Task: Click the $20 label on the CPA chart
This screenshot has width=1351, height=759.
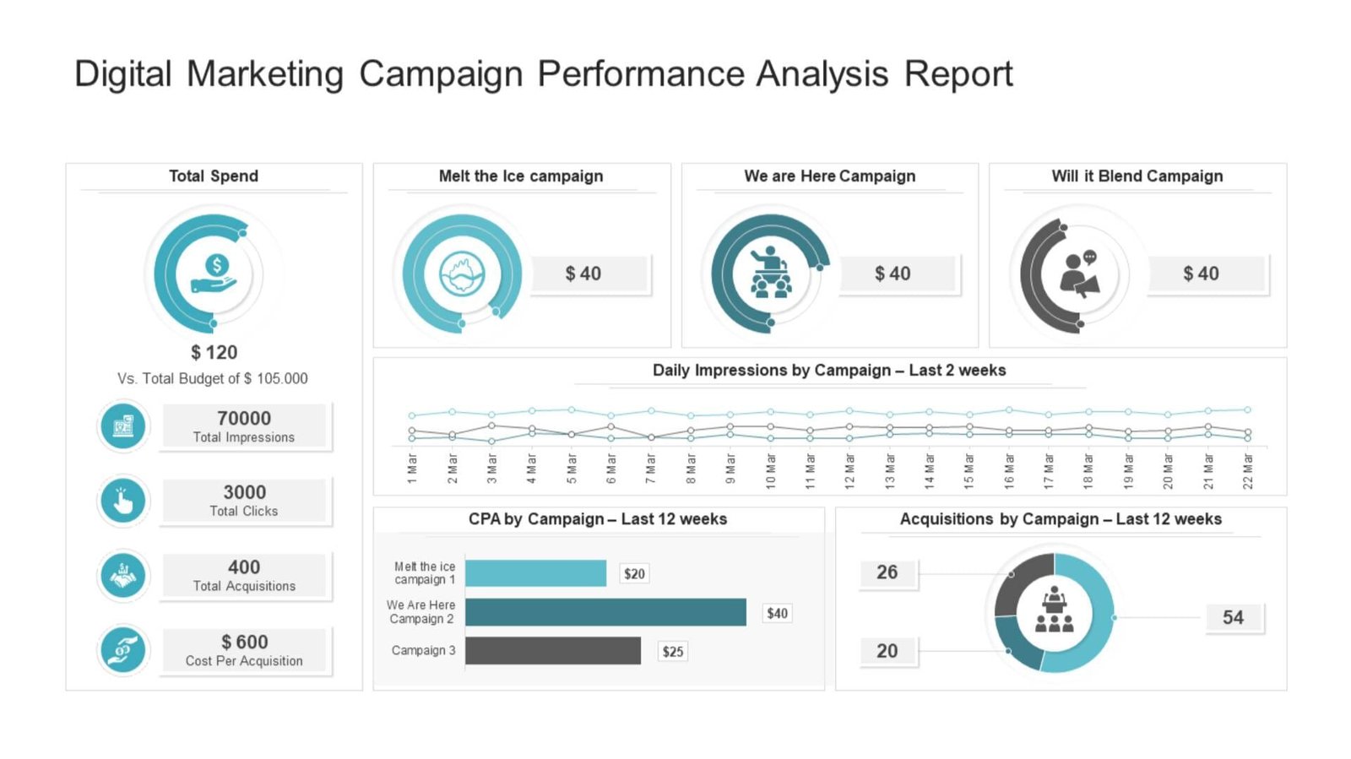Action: (x=634, y=574)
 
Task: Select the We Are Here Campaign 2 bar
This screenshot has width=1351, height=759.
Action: (x=605, y=612)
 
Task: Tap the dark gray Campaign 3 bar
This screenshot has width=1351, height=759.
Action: (x=553, y=651)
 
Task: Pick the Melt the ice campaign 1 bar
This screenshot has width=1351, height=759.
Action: (x=535, y=573)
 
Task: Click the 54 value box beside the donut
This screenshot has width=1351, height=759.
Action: (x=1233, y=617)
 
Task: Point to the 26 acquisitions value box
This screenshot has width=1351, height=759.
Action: (x=887, y=572)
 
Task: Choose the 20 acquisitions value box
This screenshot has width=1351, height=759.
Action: (x=887, y=651)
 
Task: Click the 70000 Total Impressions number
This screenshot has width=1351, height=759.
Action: (x=244, y=418)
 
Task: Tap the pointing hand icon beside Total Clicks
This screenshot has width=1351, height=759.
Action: (x=123, y=501)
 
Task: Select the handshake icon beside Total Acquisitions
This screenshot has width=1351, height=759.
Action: (x=123, y=576)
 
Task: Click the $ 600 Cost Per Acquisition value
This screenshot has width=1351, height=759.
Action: (x=244, y=642)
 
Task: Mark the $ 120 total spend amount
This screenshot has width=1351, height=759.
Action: (x=214, y=352)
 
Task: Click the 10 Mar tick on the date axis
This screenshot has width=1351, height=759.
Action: (x=771, y=470)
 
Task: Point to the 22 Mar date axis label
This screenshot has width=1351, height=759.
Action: (x=1248, y=470)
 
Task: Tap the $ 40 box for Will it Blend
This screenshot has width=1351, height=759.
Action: (x=1201, y=274)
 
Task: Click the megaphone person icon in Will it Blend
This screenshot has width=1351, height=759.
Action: (x=1079, y=274)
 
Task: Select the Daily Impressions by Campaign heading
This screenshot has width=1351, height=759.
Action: (x=829, y=370)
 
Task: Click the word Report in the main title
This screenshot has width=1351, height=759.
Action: (x=958, y=73)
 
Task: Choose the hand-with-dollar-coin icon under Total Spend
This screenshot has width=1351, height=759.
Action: (x=214, y=274)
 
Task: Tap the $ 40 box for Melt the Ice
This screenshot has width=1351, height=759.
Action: (x=583, y=274)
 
